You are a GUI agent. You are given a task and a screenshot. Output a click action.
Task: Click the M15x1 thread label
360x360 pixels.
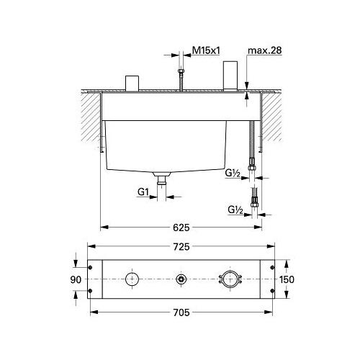(x=206, y=50)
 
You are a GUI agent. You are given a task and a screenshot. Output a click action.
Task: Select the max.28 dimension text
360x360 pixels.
(x=264, y=50)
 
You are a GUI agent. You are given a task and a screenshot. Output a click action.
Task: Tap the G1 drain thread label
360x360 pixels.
(x=143, y=192)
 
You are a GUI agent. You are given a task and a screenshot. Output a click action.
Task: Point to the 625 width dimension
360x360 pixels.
(x=181, y=228)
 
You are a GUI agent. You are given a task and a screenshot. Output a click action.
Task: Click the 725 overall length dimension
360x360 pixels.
(x=181, y=247)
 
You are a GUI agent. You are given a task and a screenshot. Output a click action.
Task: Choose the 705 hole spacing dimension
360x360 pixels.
(x=181, y=312)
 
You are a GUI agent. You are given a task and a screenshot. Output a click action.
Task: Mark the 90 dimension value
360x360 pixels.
(x=76, y=279)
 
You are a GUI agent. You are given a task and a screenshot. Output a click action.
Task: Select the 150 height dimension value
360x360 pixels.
(x=287, y=279)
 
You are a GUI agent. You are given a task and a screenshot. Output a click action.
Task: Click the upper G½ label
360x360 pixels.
(x=233, y=174)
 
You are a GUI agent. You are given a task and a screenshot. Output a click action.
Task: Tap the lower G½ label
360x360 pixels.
(x=235, y=210)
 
